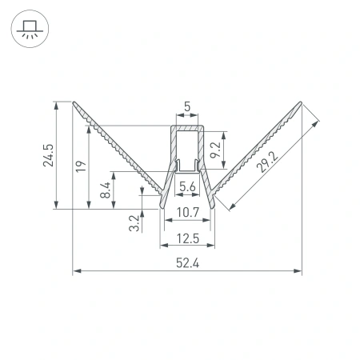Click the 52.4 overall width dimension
[187, 263]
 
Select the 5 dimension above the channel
[187, 106]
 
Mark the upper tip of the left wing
[74, 103]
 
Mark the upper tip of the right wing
[301, 103]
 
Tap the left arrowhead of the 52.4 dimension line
[76, 272]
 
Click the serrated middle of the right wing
[258, 151]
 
